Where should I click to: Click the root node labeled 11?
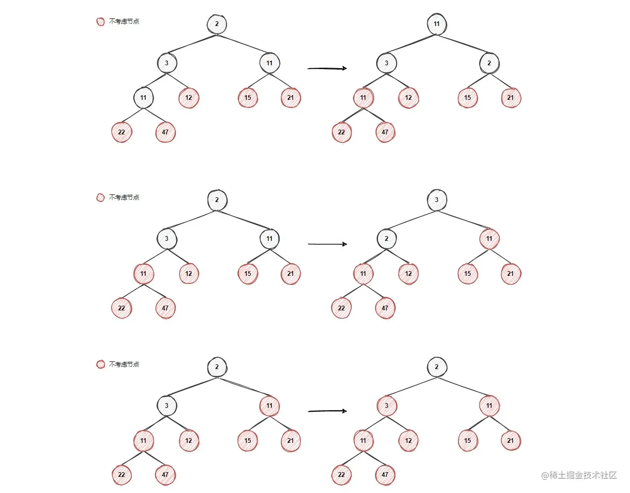pos(437,24)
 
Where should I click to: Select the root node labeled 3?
pos(437,200)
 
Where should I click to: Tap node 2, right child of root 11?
pos(489,63)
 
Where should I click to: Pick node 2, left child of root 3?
pos(387,239)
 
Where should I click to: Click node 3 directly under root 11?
pos(387,63)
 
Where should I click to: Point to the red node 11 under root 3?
pos(489,239)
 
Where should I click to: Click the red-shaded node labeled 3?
pos(387,406)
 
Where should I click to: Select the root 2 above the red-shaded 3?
pos(437,367)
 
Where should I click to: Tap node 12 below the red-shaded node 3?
pos(408,440)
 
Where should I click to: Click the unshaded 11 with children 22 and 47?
pos(143,98)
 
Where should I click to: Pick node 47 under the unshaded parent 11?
pos(165,132)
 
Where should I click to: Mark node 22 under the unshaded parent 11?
pos(121,132)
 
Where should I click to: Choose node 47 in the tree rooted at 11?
pos(385,132)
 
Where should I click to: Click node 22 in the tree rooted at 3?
pos(341,308)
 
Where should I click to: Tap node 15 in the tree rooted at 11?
pos(467,98)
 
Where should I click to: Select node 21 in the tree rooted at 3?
pos(510,274)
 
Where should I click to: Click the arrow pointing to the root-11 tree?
pos(327,69)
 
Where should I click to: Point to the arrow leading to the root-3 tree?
pos(327,244)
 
